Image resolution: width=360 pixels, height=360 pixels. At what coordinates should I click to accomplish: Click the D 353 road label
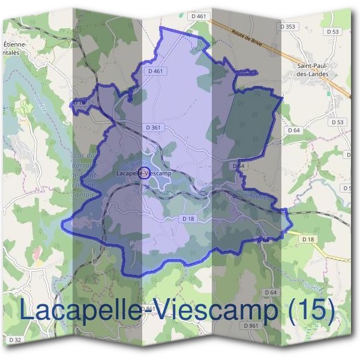pos(289,26)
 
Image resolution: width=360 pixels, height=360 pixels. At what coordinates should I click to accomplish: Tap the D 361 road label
pos(154,127)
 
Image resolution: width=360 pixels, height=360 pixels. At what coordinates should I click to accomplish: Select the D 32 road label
pos(16,340)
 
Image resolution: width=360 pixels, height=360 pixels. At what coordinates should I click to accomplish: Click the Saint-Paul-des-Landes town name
pos(317,71)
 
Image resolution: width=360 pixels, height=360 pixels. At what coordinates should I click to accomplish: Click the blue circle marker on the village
pos(144,175)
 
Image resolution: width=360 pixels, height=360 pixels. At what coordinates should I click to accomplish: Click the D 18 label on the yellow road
pos(308,239)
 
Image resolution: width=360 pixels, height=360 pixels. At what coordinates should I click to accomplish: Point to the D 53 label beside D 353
pos(334,31)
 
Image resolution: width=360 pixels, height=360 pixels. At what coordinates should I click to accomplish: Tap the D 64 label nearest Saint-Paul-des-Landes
pos(293,130)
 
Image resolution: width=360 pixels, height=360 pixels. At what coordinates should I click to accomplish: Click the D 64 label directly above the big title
pos(269,292)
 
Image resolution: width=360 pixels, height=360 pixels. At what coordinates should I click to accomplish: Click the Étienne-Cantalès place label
pos(15,48)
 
